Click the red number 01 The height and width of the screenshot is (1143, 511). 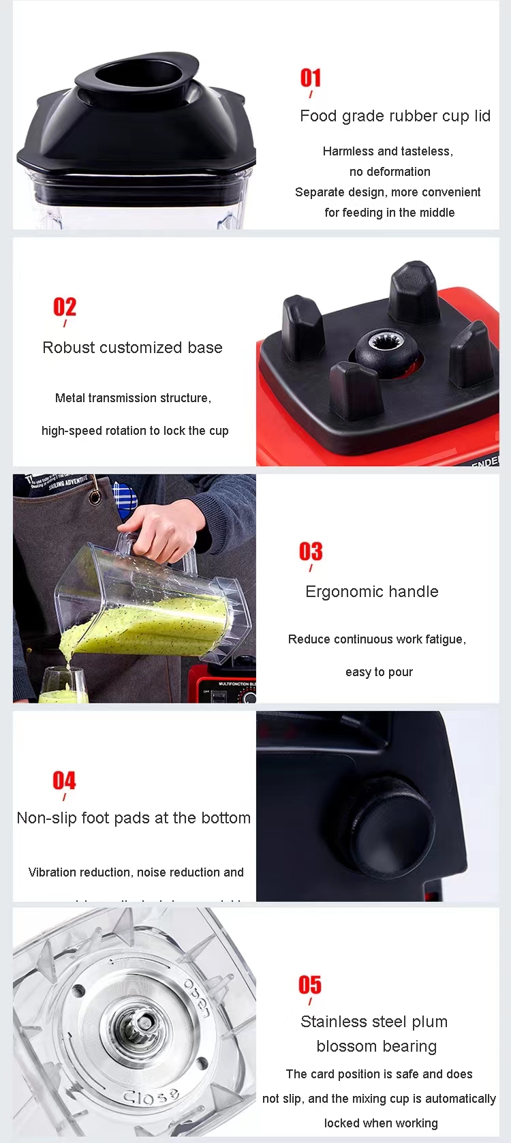tap(311, 78)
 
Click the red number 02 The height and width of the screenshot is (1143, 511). tap(65, 307)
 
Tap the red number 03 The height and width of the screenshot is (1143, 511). tap(311, 551)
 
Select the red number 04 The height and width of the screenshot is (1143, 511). tap(64, 780)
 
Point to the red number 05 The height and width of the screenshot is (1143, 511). tap(310, 985)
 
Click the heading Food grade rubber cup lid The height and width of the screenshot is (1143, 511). tap(395, 116)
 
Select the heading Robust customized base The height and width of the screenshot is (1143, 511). tap(132, 348)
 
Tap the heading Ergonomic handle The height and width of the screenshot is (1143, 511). tap(372, 592)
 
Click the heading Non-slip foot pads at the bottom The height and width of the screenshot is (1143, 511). tap(134, 818)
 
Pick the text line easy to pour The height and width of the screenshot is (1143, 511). tap(379, 672)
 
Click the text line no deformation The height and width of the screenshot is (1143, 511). tap(390, 172)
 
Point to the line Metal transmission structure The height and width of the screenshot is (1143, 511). tap(133, 398)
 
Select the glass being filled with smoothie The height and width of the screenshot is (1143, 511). tap(63, 685)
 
